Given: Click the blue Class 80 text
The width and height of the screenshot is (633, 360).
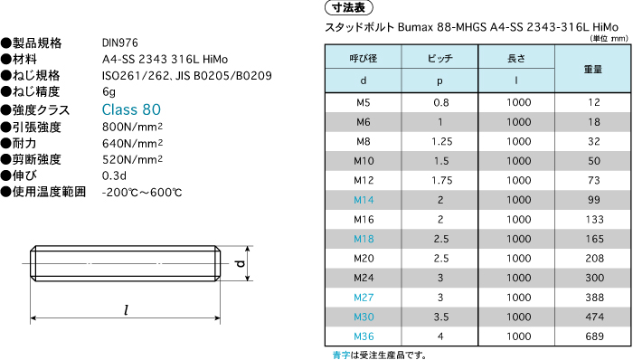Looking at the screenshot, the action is (131, 109).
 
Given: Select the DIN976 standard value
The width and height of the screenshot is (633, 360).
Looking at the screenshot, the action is (120, 43).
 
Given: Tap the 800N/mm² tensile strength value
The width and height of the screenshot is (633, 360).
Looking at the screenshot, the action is (132, 128).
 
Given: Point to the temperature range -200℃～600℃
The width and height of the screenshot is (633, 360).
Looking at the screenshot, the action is (142, 192).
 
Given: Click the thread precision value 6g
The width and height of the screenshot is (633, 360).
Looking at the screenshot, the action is (109, 92).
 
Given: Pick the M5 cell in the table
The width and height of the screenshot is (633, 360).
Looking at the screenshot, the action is (364, 102).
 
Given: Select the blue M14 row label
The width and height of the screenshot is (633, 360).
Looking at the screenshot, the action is (364, 200).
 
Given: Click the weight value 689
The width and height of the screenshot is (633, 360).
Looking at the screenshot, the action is (594, 336).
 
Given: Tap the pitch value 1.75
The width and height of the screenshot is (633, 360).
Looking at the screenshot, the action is (441, 180).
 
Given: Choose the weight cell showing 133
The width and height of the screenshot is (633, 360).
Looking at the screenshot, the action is (594, 220).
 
